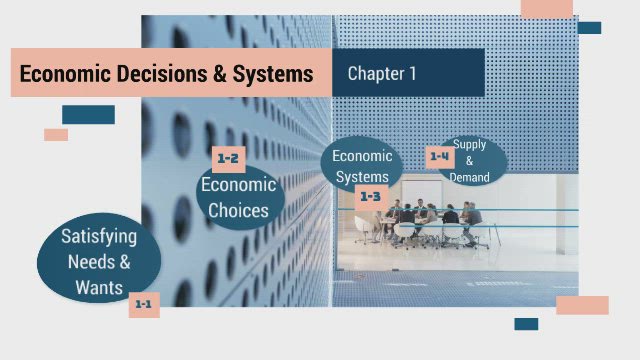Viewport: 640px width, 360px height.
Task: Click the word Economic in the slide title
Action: pyautogui.click(x=63, y=74)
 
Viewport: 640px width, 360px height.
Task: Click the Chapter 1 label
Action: pyautogui.click(x=382, y=73)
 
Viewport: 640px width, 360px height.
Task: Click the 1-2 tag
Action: pyautogui.click(x=228, y=158)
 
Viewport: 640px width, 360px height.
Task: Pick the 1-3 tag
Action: pyautogui.click(x=370, y=197)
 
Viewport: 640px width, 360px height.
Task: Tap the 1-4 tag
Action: pyautogui.click(x=440, y=156)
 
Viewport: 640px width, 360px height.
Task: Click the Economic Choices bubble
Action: pyautogui.click(x=238, y=197)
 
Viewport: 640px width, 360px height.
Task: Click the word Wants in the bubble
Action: pyautogui.click(x=99, y=288)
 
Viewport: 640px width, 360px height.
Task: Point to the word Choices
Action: pyautogui.click(x=238, y=210)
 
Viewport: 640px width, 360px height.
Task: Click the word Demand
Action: pyautogui.click(x=470, y=177)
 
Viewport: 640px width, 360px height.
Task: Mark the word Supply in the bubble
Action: pyautogui.click(x=470, y=145)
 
